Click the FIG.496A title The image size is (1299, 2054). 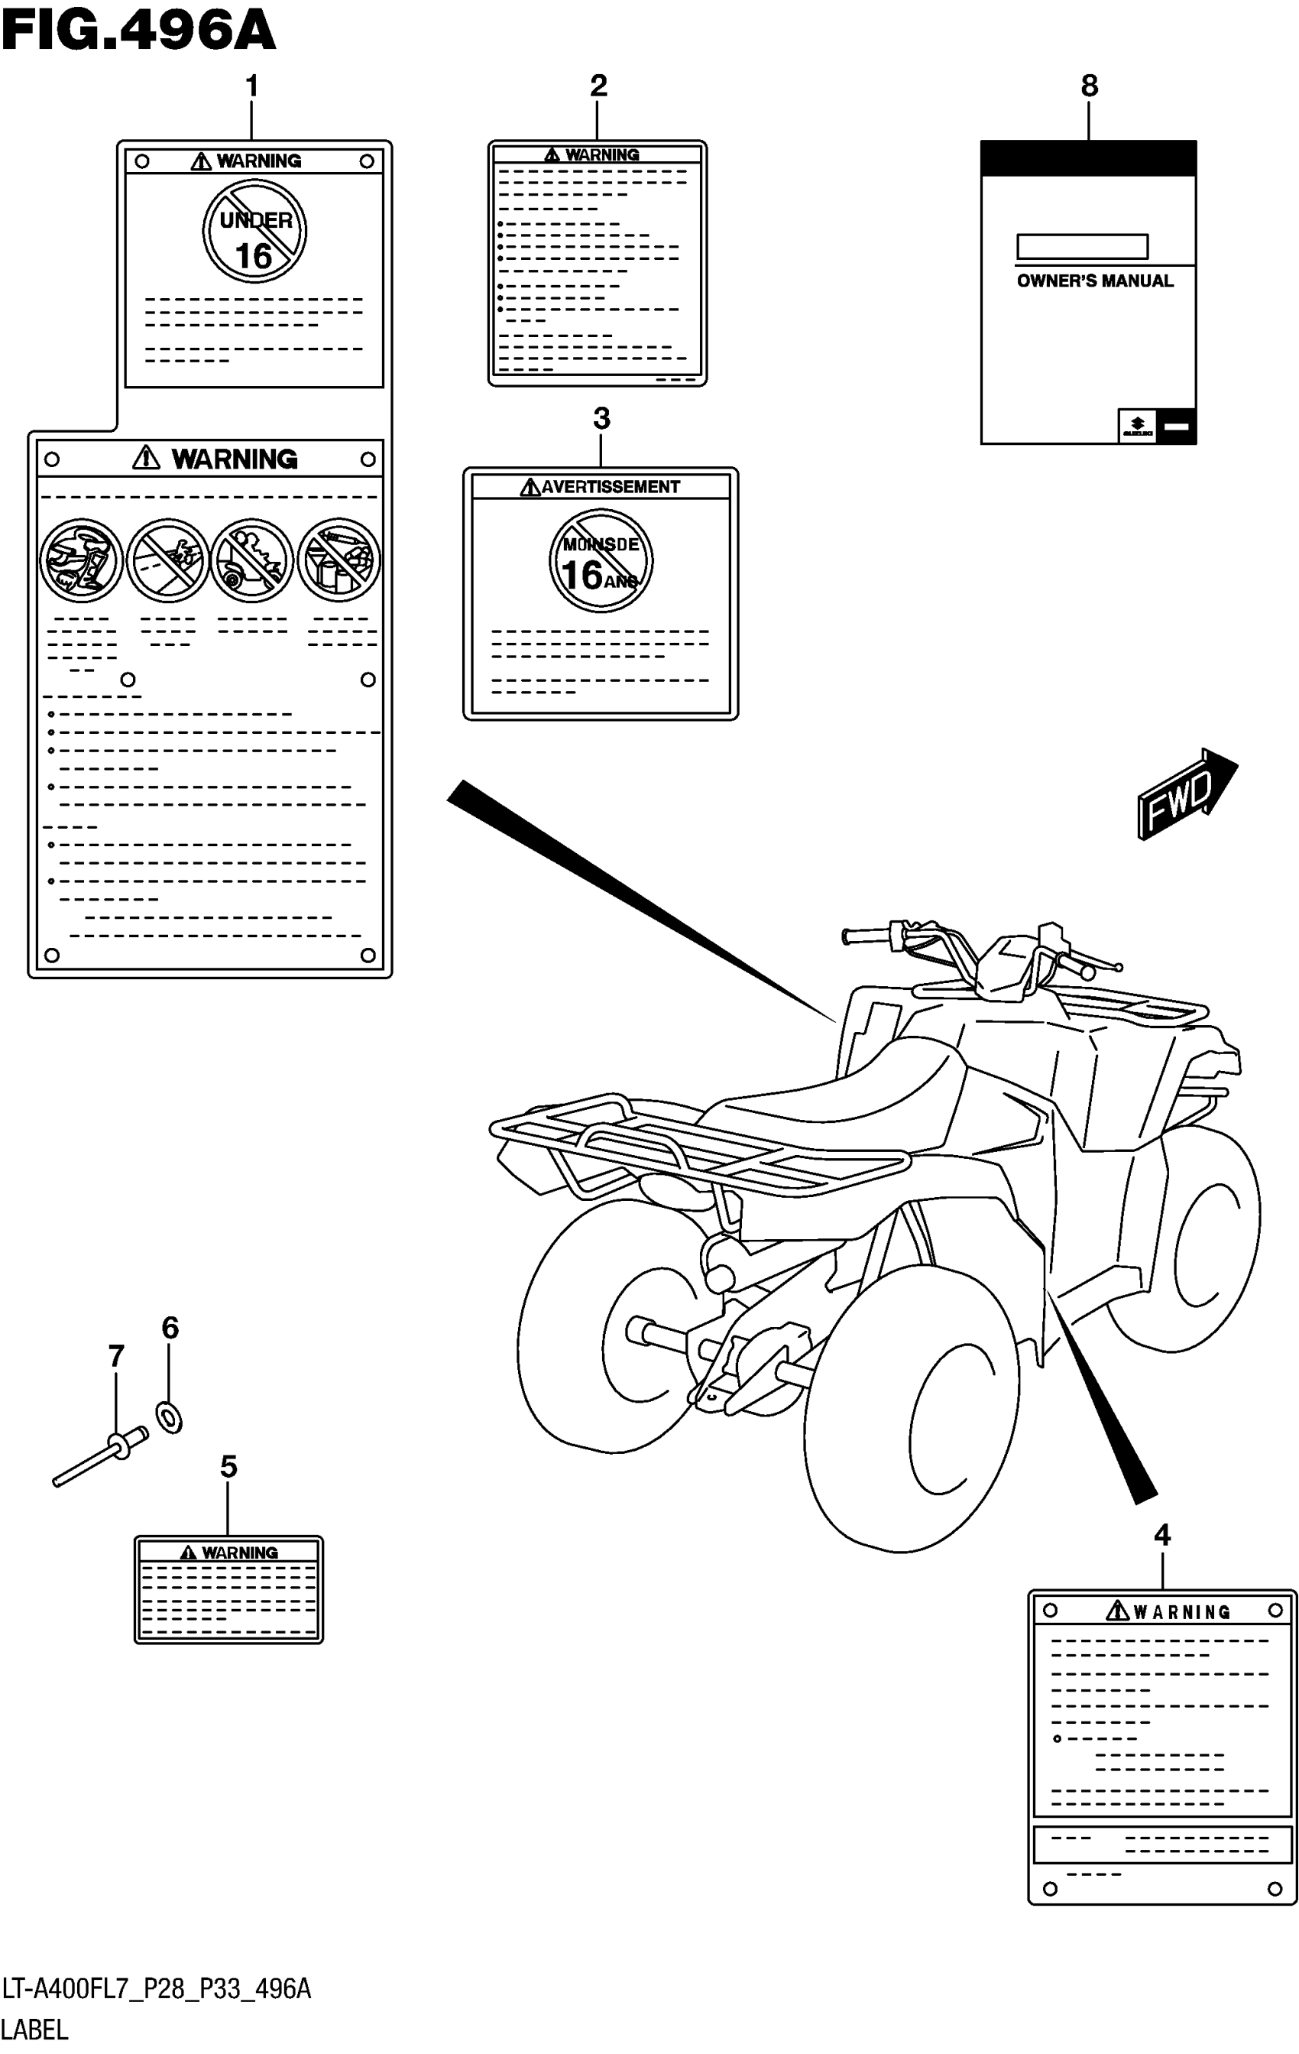tap(138, 31)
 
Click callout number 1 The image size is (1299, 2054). tap(251, 86)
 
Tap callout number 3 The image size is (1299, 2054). tap(601, 419)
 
